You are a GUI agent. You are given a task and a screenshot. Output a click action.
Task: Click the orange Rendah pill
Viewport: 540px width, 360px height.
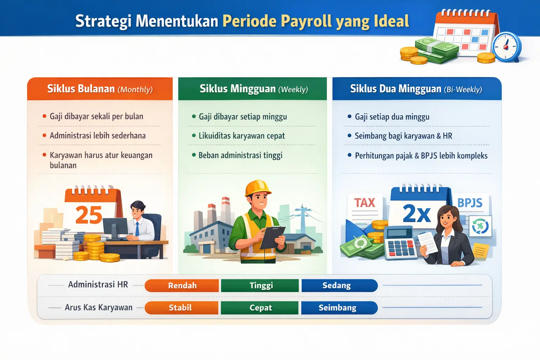[x=182, y=285]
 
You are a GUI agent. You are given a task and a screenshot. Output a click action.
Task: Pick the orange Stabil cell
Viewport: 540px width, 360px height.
[x=181, y=308]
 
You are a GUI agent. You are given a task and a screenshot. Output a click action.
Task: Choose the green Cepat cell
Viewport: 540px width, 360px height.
[x=260, y=308]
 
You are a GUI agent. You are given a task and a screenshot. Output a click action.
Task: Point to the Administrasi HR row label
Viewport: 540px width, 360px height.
[x=98, y=284]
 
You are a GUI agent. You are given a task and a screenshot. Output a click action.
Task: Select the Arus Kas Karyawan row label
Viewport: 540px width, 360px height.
[x=98, y=307]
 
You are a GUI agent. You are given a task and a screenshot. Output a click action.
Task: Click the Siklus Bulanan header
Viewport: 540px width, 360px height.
[x=100, y=89]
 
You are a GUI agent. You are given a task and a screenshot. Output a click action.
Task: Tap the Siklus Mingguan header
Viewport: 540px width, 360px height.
[x=253, y=89]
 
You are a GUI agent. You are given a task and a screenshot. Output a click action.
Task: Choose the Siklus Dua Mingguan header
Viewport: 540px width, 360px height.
[x=416, y=89]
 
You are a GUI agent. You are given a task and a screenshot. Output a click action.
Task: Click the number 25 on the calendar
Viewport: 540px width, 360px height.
[x=89, y=215]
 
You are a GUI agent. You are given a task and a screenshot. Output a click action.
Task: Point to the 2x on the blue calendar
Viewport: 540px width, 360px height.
[x=417, y=213]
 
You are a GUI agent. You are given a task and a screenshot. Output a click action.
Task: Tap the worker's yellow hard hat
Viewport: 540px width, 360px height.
[x=257, y=188]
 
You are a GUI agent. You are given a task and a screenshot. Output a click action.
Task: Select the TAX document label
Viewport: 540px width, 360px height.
[x=365, y=203]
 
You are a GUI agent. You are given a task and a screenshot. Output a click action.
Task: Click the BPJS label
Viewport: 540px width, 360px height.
[x=470, y=203]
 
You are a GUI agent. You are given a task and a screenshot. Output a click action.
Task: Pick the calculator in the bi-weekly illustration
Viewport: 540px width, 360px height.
[x=399, y=243]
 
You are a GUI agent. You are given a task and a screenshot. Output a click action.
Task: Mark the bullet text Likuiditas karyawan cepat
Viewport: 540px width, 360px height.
[x=242, y=136]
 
